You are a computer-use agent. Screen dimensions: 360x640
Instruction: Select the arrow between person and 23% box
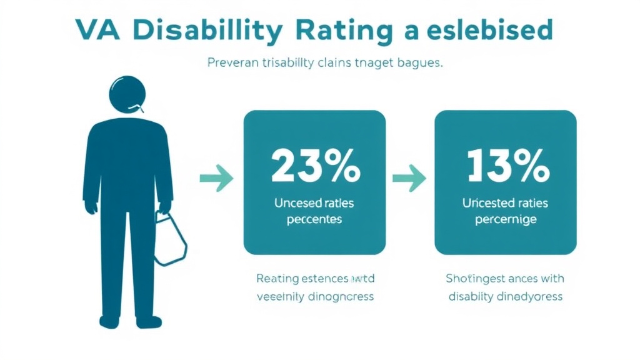point(216,178)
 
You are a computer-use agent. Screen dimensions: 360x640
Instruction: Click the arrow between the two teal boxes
point(409,178)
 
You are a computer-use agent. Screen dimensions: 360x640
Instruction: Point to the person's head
point(127,94)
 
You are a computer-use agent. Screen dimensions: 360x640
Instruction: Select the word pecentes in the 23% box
point(314,219)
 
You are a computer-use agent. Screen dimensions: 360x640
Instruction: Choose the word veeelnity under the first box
point(279,296)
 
